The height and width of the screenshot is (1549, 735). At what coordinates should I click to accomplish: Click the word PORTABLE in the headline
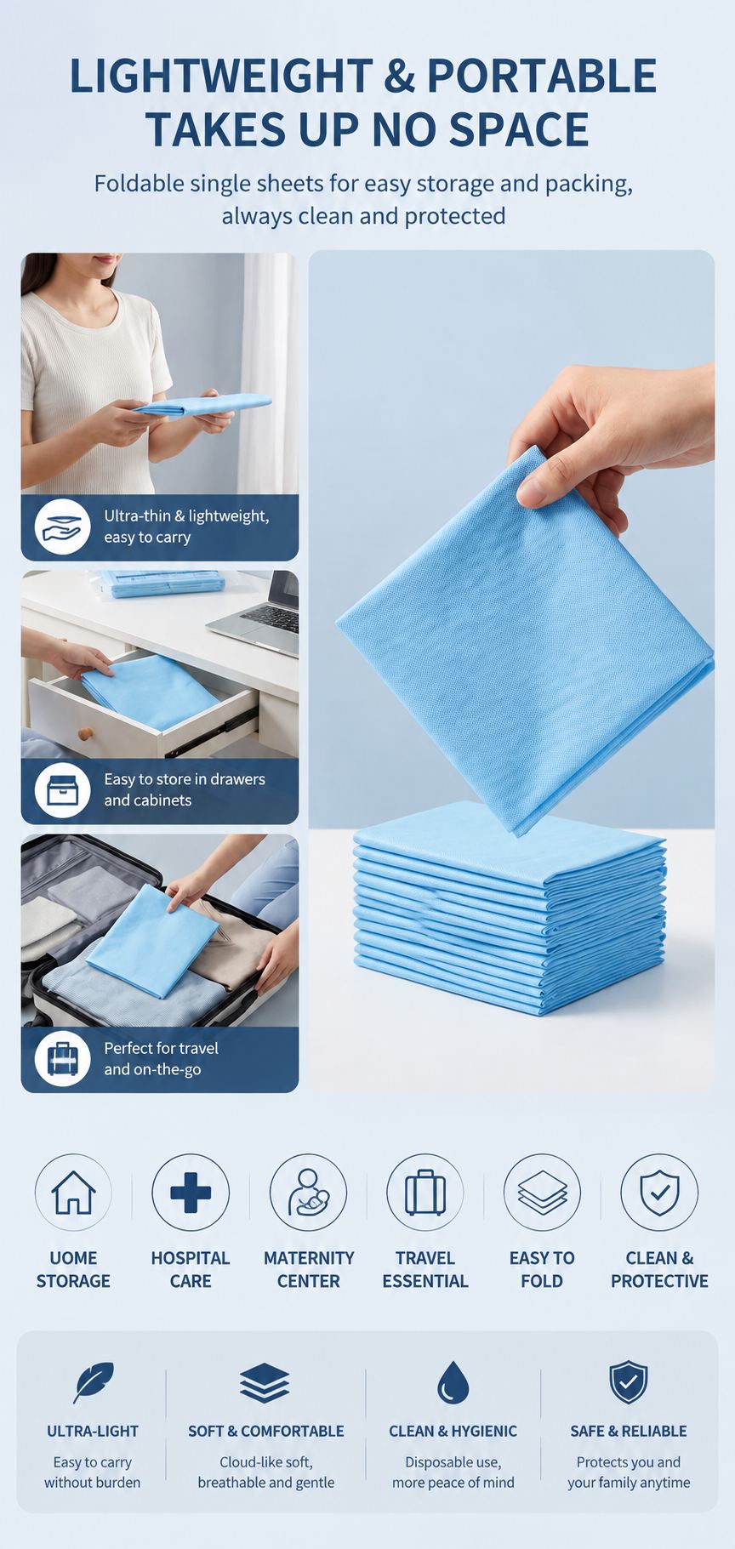coord(541,77)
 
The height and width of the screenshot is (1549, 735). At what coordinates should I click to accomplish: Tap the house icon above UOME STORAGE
coord(74,1192)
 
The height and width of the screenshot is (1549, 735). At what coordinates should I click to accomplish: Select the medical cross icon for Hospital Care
coord(191,1192)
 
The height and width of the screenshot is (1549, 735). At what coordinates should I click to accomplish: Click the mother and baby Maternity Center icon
coord(308,1192)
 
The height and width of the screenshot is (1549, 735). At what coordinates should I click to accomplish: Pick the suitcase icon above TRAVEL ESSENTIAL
coord(425,1192)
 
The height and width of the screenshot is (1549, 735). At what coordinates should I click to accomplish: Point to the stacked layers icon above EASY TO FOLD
coord(542,1192)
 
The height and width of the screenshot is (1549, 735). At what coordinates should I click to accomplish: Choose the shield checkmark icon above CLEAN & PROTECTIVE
coord(659,1192)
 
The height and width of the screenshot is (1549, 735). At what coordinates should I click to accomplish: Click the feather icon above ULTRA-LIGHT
coord(93,1382)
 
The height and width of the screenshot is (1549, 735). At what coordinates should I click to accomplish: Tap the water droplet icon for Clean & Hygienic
coord(453,1382)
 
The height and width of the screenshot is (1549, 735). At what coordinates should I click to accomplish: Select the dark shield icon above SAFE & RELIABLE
coord(629,1382)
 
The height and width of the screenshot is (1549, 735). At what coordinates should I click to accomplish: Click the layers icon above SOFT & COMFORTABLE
coord(265,1382)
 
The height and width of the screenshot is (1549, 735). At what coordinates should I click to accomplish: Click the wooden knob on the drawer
coord(85,733)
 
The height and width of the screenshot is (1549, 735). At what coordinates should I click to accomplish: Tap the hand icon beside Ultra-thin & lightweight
coord(62,527)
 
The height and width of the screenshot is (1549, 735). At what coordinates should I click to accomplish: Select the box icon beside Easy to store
coord(62,790)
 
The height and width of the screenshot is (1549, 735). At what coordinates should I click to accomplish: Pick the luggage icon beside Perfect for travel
coord(62,1059)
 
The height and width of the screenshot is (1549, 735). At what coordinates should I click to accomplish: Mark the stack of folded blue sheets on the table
coord(509,908)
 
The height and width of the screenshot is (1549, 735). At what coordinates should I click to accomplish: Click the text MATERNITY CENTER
coord(308,1269)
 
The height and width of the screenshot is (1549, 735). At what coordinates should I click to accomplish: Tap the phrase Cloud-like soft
coord(266,1462)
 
